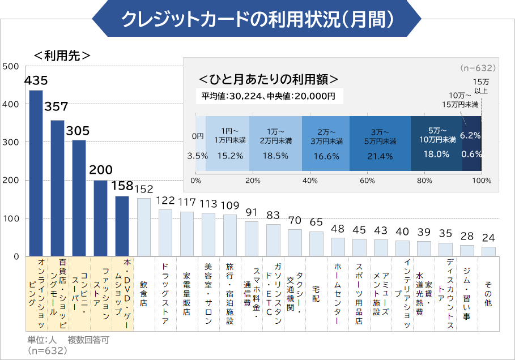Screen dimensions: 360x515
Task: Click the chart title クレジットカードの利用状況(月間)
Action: pos(257,19)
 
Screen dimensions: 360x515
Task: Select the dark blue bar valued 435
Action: pos(36,173)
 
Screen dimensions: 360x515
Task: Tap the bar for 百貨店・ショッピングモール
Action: pos(57,188)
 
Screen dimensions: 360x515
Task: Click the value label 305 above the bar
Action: pos(78,131)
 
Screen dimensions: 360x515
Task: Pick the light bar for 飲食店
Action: pos(144,227)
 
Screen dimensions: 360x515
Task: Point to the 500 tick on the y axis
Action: pos(11,67)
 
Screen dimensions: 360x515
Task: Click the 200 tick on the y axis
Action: pos(11,181)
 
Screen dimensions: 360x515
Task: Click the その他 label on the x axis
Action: pos(488,294)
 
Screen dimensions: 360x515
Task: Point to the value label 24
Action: pos(488,238)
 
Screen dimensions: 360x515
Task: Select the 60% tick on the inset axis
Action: pos(368,181)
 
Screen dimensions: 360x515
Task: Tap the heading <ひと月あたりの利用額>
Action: pos(269,78)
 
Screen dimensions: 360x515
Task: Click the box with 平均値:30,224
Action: pos(269,96)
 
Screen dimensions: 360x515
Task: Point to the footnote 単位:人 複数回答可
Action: pos(68,340)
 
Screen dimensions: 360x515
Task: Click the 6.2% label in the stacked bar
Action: pos(470,135)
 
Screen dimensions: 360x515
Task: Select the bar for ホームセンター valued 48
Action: pos(338,247)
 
